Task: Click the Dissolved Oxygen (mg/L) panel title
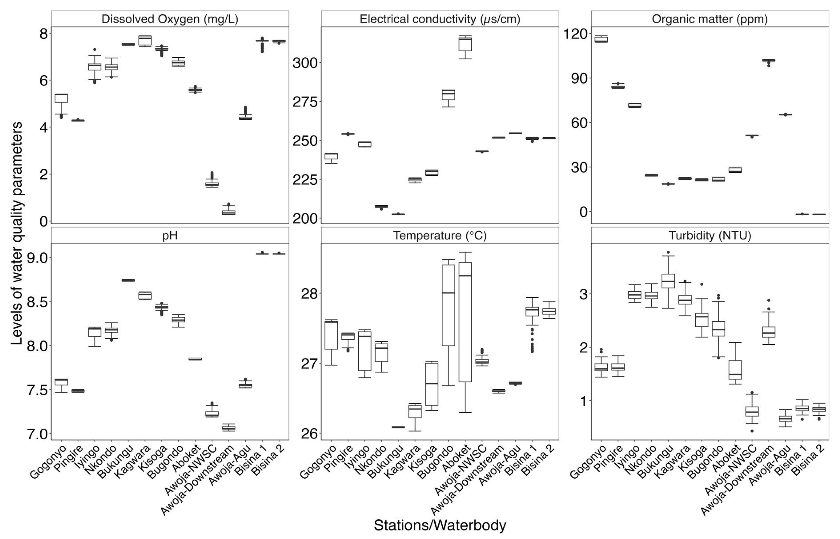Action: coord(170,19)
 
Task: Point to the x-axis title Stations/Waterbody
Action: coord(440,525)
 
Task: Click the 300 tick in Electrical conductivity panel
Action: coord(305,63)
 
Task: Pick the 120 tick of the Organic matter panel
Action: coord(575,34)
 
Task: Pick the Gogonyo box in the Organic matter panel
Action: coord(601,39)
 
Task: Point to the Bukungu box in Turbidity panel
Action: coord(668,281)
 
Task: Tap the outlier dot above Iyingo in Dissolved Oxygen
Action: coord(94,49)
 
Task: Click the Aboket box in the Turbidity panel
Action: coord(735,370)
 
